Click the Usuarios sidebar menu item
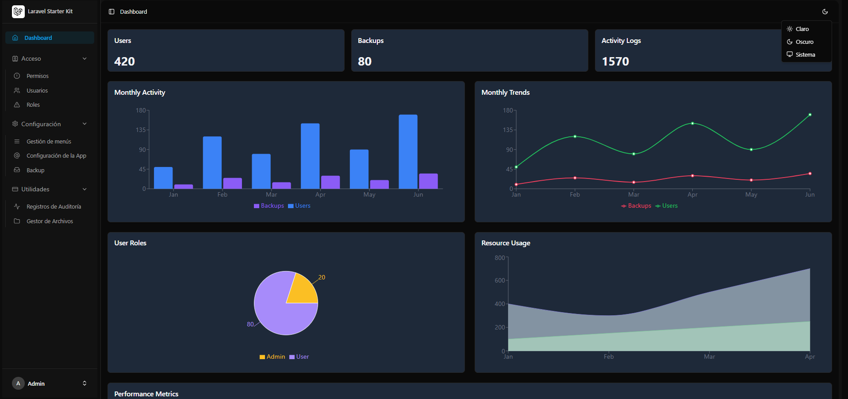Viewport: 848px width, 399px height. pos(37,90)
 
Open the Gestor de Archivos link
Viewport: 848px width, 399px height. pos(50,221)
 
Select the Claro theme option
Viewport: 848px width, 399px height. pos(802,29)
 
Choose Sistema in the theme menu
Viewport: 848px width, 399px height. pos(805,54)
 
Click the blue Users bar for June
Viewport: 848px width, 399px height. pos(408,151)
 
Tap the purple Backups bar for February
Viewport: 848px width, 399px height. pos(232,183)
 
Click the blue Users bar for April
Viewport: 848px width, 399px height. pos(310,156)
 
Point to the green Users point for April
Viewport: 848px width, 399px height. pos(692,124)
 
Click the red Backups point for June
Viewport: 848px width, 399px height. pos(810,174)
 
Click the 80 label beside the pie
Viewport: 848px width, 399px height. pos(250,324)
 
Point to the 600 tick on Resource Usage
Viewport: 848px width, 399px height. pos(500,280)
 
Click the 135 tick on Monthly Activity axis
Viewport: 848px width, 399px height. pos(141,130)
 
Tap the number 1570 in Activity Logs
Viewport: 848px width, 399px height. pos(615,61)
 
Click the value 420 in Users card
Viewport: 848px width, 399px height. pos(124,61)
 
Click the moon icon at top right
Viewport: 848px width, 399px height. pos(825,12)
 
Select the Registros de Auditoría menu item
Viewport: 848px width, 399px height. pos(54,206)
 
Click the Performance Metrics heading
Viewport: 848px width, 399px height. pos(146,394)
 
